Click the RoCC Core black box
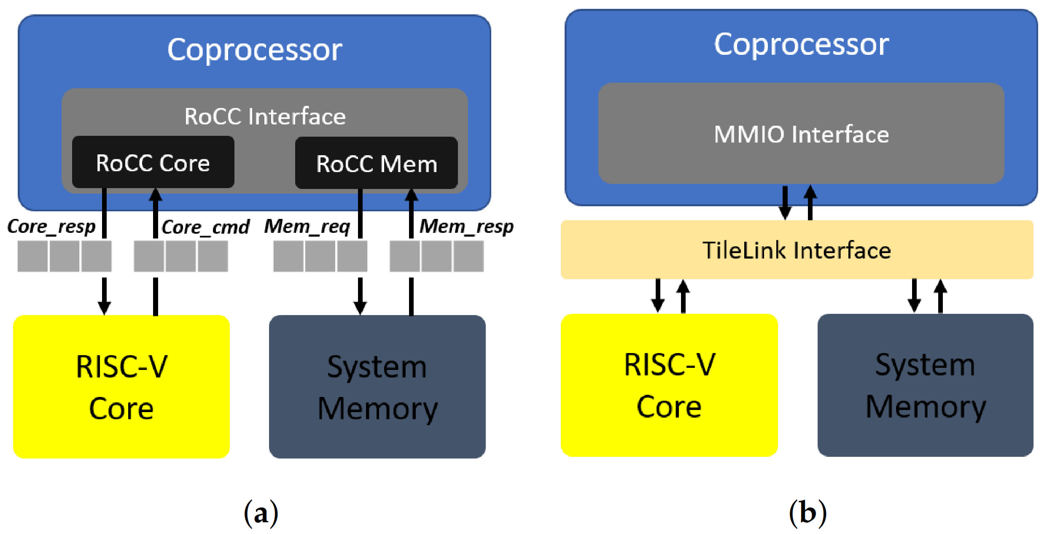[x=153, y=162]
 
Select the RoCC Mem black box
[x=376, y=163]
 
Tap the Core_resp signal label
[x=51, y=227]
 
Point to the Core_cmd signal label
[x=205, y=227]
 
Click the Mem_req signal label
[x=307, y=227]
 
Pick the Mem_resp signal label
[x=466, y=227]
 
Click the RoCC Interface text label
[x=265, y=116]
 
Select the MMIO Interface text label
[x=801, y=135]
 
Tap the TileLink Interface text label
[x=797, y=250]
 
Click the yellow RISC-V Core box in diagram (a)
[x=121, y=386]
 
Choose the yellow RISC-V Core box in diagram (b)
[x=669, y=385]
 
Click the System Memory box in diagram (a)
[x=377, y=386]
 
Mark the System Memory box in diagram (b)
[x=925, y=385]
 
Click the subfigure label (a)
[x=261, y=513]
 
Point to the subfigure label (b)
[x=807, y=513]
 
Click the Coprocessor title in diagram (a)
[x=255, y=50]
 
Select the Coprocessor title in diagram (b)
[x=801, y=44]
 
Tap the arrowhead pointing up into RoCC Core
[x=156, y=195]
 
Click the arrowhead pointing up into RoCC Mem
[x=411, y=195]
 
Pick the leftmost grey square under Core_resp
[x=32, y=256]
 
